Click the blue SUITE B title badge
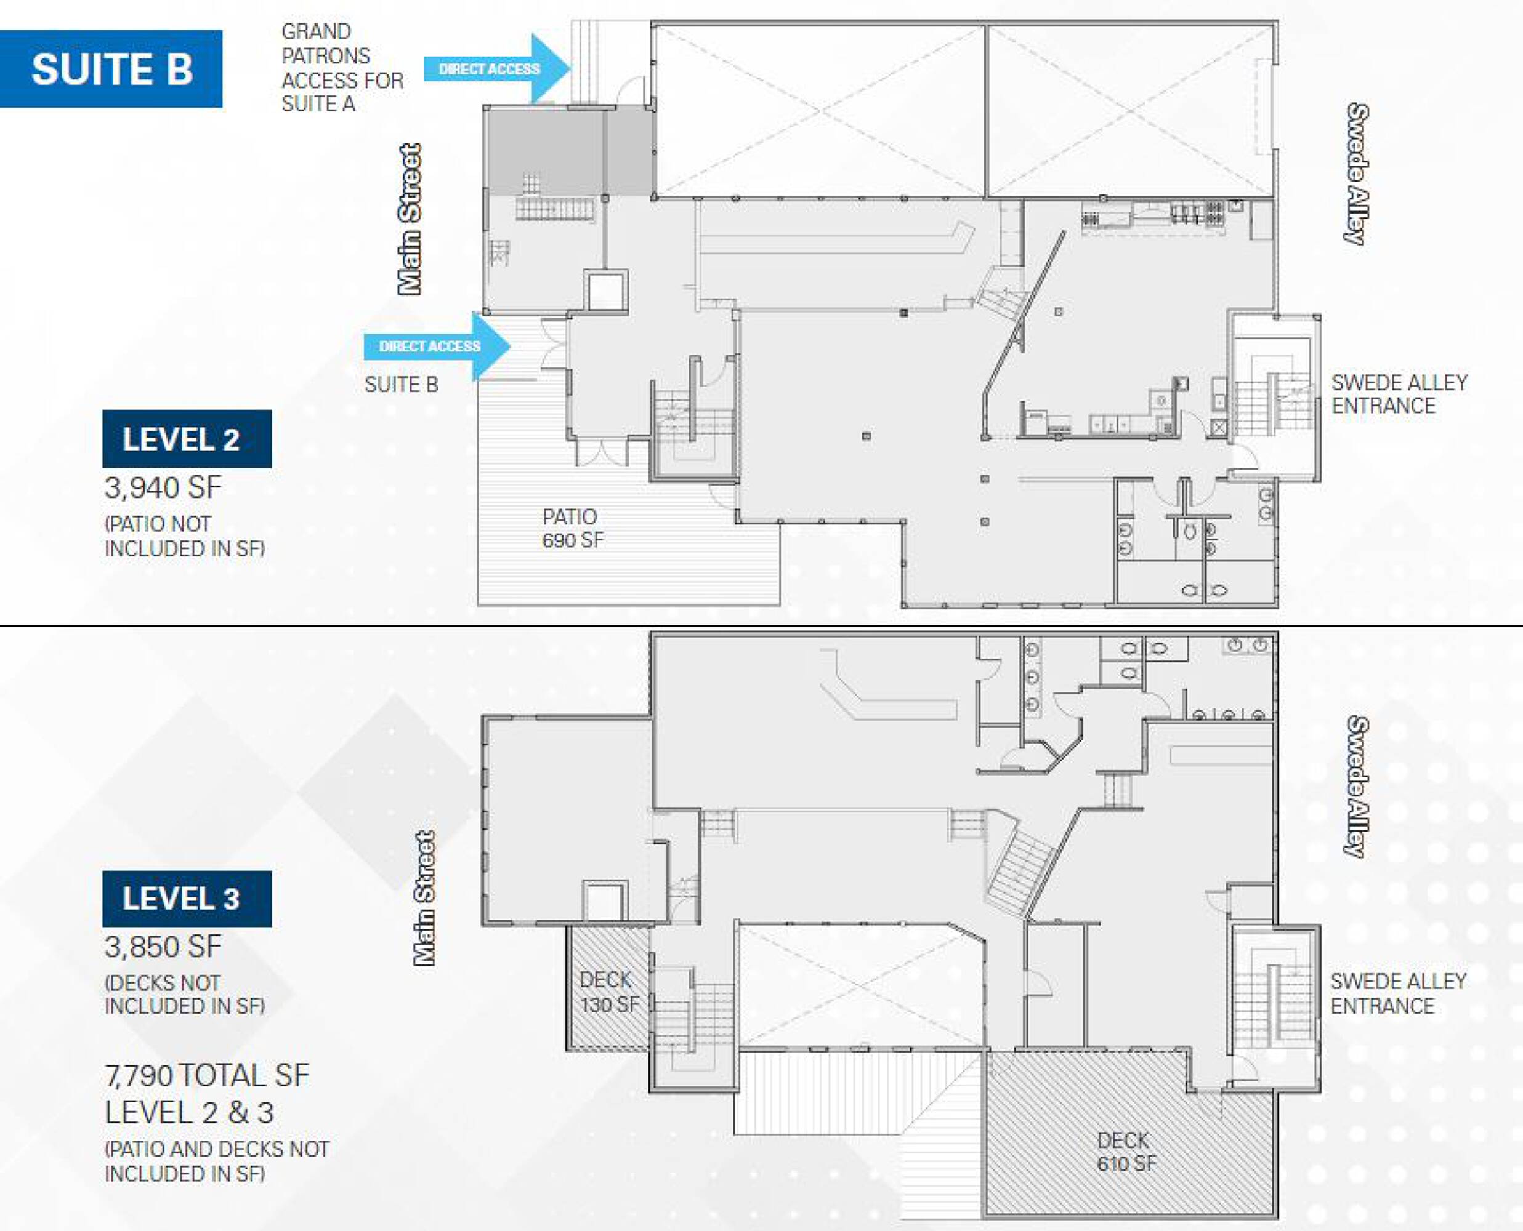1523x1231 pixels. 111,69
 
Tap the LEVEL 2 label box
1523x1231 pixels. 187,439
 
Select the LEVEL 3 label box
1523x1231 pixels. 187,899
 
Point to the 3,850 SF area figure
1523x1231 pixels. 163,947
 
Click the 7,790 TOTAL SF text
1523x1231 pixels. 207,1076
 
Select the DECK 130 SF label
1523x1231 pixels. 609,992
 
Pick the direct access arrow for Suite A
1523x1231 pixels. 497,69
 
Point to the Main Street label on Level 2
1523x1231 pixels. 410,219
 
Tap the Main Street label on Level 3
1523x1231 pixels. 424,898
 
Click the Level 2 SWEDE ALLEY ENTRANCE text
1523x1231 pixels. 1399,395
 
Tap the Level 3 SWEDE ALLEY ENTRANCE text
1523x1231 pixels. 1398,993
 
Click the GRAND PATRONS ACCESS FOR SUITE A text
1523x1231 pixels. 342,68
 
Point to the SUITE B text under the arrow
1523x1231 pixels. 402,385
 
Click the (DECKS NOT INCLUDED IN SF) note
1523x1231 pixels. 184,995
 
